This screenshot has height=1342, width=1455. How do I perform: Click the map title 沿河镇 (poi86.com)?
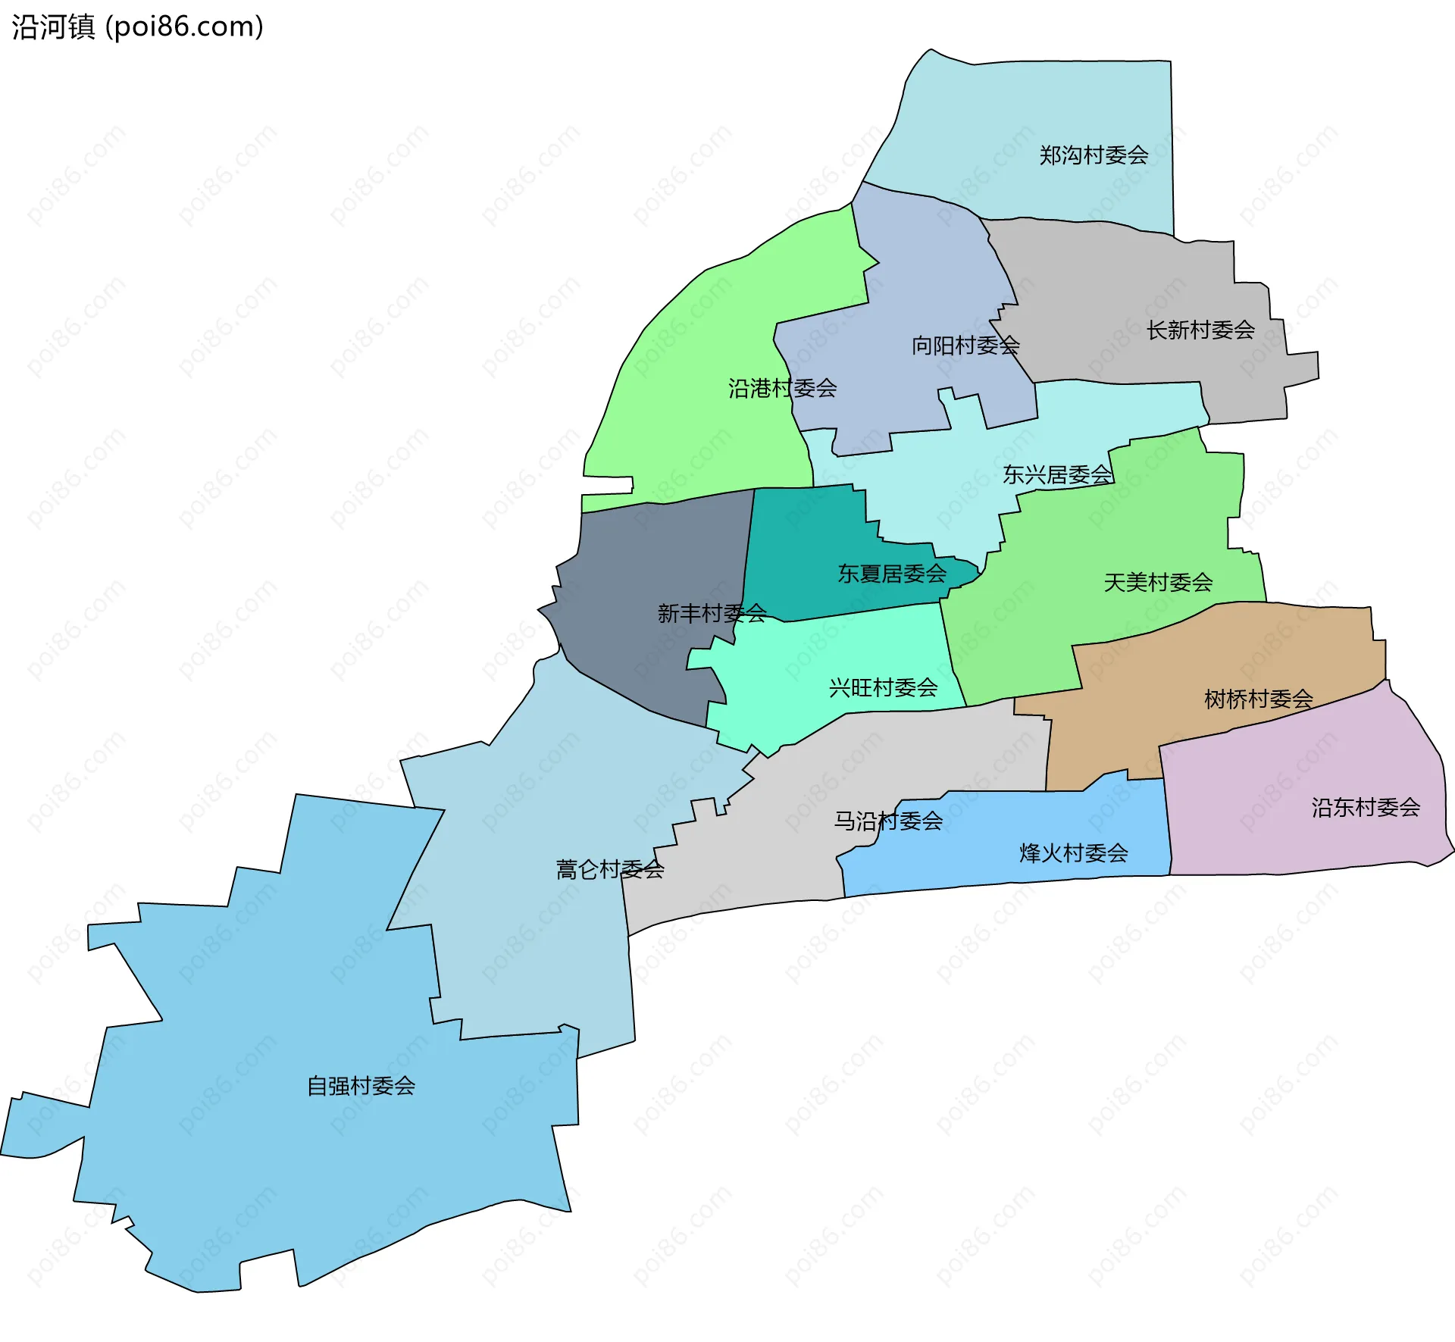click(137, 27)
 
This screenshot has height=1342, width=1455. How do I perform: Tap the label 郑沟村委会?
click(1093, 155)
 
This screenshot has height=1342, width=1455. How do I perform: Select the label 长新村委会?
click(1200, 330)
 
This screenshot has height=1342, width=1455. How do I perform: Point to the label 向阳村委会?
click(965, 346)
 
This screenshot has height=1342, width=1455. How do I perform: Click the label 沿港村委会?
click(782, 389)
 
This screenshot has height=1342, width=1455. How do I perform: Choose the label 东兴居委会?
click(1057, 475)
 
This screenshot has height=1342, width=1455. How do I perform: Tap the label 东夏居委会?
click(891, 574)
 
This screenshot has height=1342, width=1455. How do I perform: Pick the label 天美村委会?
click(1158, 583)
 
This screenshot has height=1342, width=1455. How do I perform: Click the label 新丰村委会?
click(712, 613)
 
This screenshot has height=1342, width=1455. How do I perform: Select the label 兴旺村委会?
click(883, 688)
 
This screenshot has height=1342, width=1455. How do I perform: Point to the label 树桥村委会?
click(1258, 699)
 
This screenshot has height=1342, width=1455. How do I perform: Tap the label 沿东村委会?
click(1366, 808)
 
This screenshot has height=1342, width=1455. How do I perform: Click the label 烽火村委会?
click(1073, 853)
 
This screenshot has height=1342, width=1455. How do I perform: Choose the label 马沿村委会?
click(888, 821)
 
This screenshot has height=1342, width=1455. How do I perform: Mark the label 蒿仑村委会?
click(610, 869)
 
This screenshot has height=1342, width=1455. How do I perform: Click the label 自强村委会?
click(361, 1086)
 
